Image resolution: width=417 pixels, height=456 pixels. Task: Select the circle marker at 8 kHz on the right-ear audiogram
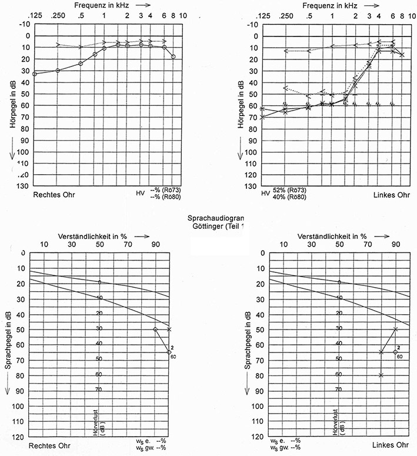tap(174, 56)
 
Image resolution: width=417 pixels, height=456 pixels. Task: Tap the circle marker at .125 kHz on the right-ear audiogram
tap(35, 74)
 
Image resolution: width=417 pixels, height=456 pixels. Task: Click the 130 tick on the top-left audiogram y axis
tap(24, 186)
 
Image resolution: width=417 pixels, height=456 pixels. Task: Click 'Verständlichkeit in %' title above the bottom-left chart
tap(93, 236)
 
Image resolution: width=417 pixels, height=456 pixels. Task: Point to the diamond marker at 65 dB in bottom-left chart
tap(169, 352)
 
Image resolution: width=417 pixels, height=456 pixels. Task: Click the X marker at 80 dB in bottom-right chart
tap(381, 375)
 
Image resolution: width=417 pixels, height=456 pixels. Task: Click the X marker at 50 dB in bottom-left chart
tap(169, 329)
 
